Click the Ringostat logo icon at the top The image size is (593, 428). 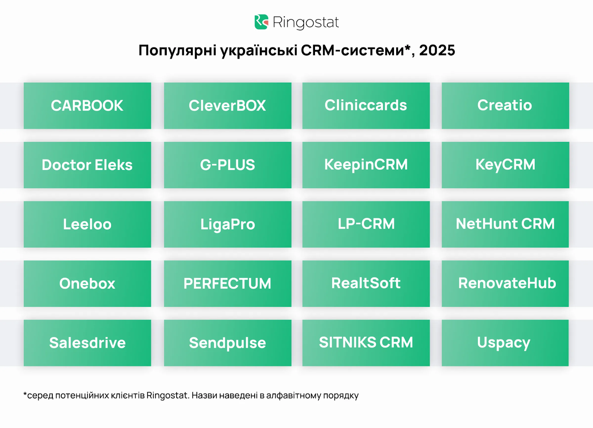pos(261,22)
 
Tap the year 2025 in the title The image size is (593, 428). pos(437,50)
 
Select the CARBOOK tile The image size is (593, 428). pos(87,106)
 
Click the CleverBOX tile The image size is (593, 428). pos(228,106)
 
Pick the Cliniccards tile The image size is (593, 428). pos(366,106)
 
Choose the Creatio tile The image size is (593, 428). pos(505,106)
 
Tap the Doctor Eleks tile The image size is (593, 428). pos(87,165)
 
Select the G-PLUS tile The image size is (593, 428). pos(228,165)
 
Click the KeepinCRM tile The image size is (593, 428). pos(366,165)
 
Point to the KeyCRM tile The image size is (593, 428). pos(505,165)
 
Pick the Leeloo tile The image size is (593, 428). pos(87,224)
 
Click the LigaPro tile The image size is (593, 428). pos(228,224)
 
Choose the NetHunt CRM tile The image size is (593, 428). pos(505,224)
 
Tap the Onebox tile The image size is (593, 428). pos(87,283)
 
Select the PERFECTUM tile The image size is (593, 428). pos(228,283)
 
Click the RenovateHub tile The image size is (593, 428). pos(505,283)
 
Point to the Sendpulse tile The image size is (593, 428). pos(228,343)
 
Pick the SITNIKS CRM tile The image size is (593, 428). pos(366,343)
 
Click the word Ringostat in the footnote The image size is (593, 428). pos(168,395)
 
